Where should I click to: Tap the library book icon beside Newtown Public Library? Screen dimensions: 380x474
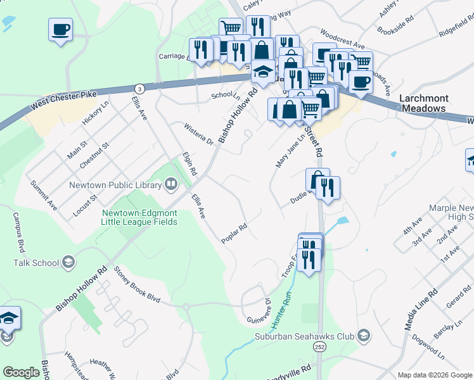click(x=170, y=185)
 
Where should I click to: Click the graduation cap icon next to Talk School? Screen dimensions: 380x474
click(x=68, y=262)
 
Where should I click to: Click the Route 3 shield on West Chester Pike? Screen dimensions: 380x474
click(x=140, y=87)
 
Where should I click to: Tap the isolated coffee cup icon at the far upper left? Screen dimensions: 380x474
click(x=60, y=30)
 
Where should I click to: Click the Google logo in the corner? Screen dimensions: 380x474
click(x=21, y=372)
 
